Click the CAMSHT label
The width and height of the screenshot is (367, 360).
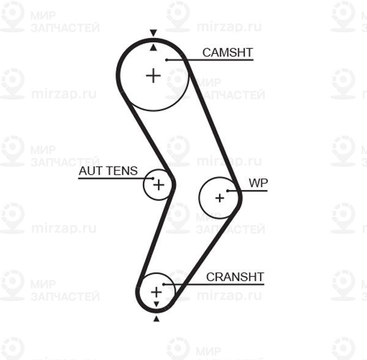click(228, 53)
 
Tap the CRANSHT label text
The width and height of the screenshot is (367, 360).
click(235, 277)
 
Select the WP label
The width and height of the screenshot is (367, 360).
click(258, 183)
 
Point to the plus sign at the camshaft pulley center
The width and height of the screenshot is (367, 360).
click(154, 76)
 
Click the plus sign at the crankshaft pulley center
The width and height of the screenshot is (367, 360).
click(157, 292)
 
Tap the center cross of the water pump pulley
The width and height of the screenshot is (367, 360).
click(220, 199)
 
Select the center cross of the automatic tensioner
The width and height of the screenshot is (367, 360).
click(158, 185)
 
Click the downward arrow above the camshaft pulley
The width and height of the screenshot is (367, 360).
click(154, 33)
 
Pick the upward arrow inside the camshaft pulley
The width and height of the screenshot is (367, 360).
click(154, 48)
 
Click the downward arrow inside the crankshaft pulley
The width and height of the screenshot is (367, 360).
click(157, 304)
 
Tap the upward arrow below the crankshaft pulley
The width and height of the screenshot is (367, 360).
click(157, 318)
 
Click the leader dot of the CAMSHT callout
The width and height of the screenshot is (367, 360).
click(166, 60)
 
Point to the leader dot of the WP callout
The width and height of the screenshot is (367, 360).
click(228, 191)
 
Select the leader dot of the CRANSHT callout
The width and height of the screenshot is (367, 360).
click(164, 284)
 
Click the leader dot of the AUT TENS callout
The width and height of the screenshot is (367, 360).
click(153, 178)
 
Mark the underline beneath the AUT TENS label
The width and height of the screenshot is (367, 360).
click(116, 178)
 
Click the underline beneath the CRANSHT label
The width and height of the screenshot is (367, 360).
click(214, 284)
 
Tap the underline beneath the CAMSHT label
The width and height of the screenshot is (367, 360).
click(210, 60)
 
